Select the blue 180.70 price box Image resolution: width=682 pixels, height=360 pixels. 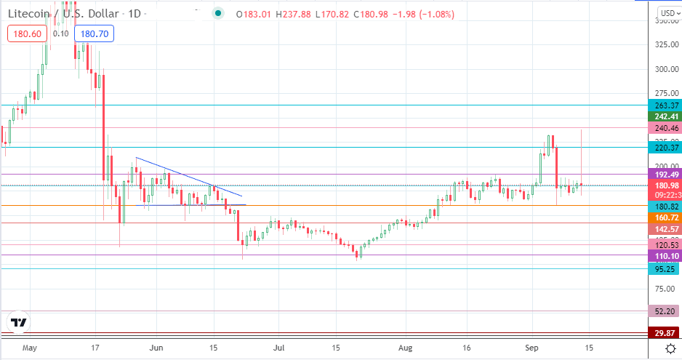click(97, 33)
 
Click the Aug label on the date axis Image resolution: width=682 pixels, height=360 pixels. click(403, 348)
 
